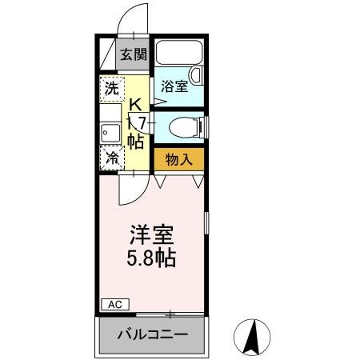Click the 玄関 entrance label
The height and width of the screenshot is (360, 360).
click(x=134, y=55)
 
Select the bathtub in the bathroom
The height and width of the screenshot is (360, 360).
click(x=178, y=53)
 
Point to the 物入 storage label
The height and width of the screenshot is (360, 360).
click(x=178, y=158)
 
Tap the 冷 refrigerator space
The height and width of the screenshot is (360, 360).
click(x=112, y=158)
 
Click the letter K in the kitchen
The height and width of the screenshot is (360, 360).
click(x=137, y=104)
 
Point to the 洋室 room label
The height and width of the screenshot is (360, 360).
click(x=153, y=236)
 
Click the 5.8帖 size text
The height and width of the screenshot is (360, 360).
click(x=153, y=258)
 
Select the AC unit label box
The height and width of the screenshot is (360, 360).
click(x=114, y=304)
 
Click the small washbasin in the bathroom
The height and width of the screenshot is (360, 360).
click(x=197, y=75)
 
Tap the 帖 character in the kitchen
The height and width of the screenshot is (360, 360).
click(x=136, y=141)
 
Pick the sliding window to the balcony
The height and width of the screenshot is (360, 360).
click(x=168, y=314)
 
